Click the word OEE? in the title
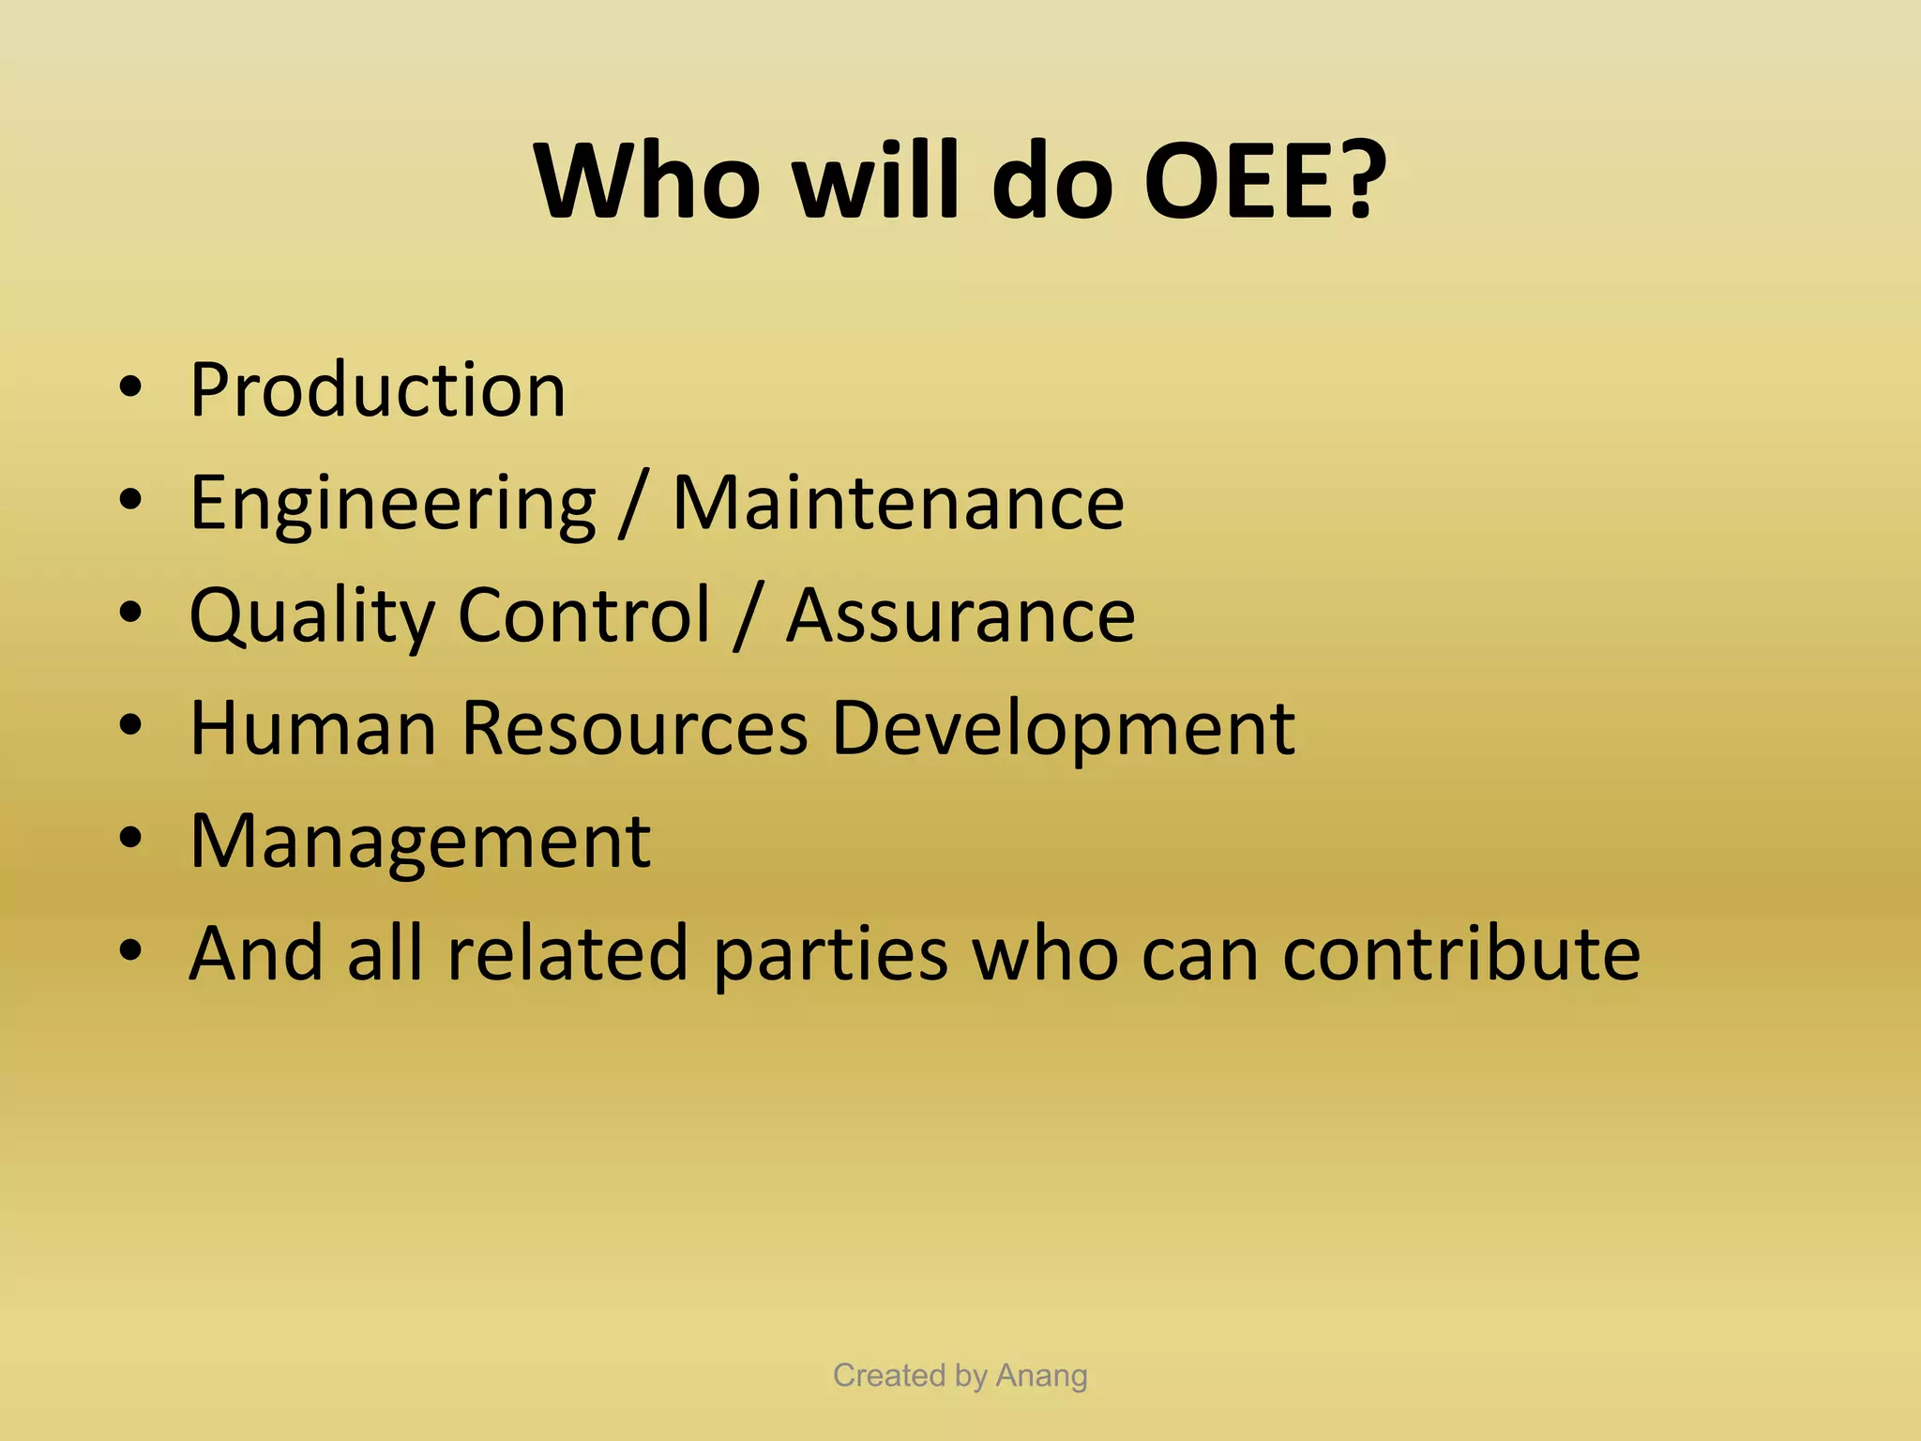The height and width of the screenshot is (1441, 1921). (1264, 180)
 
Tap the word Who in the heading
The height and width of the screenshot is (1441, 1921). (647, 180)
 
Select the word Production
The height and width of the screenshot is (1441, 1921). (377, 389)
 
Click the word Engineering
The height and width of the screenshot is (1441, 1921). (392, 504)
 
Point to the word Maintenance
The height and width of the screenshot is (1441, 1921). (899, 504)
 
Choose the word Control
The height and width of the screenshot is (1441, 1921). (584, 614)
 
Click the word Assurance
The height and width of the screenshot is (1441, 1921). (960, 616)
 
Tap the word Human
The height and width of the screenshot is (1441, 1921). (313, 728)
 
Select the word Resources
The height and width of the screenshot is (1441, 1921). (634, 728)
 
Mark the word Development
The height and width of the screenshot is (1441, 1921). (1063, 730)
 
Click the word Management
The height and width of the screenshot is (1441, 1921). (419, 842)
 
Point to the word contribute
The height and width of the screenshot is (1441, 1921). (1461, 953)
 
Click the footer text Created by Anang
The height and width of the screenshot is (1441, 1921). (960, 1375)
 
